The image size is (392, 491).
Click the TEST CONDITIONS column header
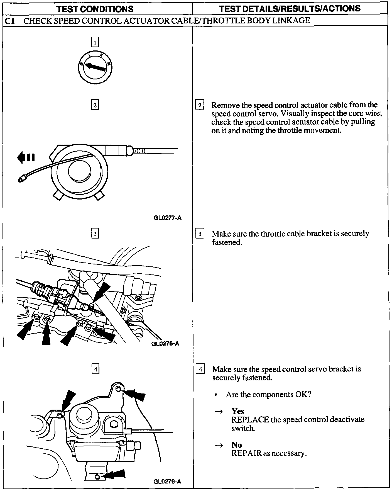pyautogui.click(x=95, y=9)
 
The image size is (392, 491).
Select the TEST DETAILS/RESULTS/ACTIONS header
pyautogui.click(x=290, y=9)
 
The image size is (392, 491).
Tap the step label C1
pyautogui.click(x=10, y=21)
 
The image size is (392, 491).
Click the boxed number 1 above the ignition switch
pyautogui.click(x=95, y=42)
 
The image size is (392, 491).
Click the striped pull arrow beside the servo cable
pyautogui.click(x=26, y=157)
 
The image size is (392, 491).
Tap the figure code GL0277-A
pyautogui.click(x=167, y=218)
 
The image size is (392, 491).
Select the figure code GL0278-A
pyautogui.click(x=165, y=344)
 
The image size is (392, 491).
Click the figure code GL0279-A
pyautogui.click(x=167, y=482)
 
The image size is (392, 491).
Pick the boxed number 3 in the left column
pyautogui.click(x=95, y=234)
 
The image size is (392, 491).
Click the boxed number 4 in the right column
pyautogui.click(x=200, y=370)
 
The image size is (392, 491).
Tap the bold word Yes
pyautogui.click(x=237, y=411)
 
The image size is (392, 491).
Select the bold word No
pyautogui.click(x=236, y=445)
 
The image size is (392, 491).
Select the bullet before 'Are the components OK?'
pyautogui.click(x=216, y=395)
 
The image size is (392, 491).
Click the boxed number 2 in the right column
pyautogui.click(x=200, y=105)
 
